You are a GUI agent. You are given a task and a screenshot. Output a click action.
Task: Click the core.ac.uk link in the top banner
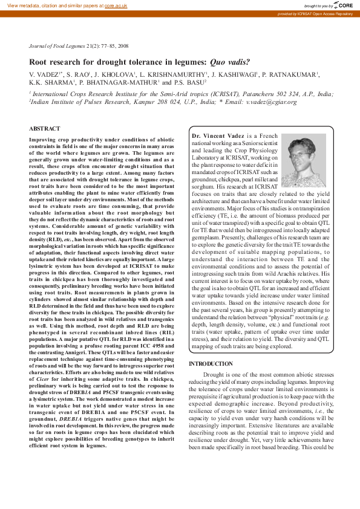click(x=116, y=5)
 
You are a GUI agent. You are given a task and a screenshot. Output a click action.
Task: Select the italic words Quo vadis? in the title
click(x=229, y=62)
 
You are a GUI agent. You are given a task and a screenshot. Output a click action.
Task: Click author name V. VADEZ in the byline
click(x=45, y=74)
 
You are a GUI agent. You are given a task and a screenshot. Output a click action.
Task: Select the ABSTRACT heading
click(x=45, y=128)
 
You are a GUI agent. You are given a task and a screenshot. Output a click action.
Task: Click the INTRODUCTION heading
click(x=211, y=363)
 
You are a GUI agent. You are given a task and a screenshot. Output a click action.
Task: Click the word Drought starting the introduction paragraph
click(x=218, y=375)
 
